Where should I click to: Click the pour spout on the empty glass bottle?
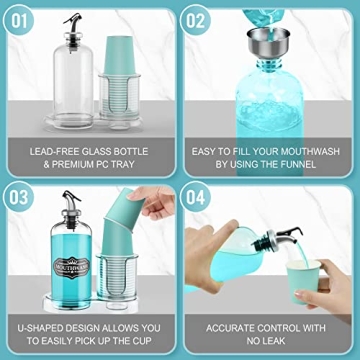tap(72, 22)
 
